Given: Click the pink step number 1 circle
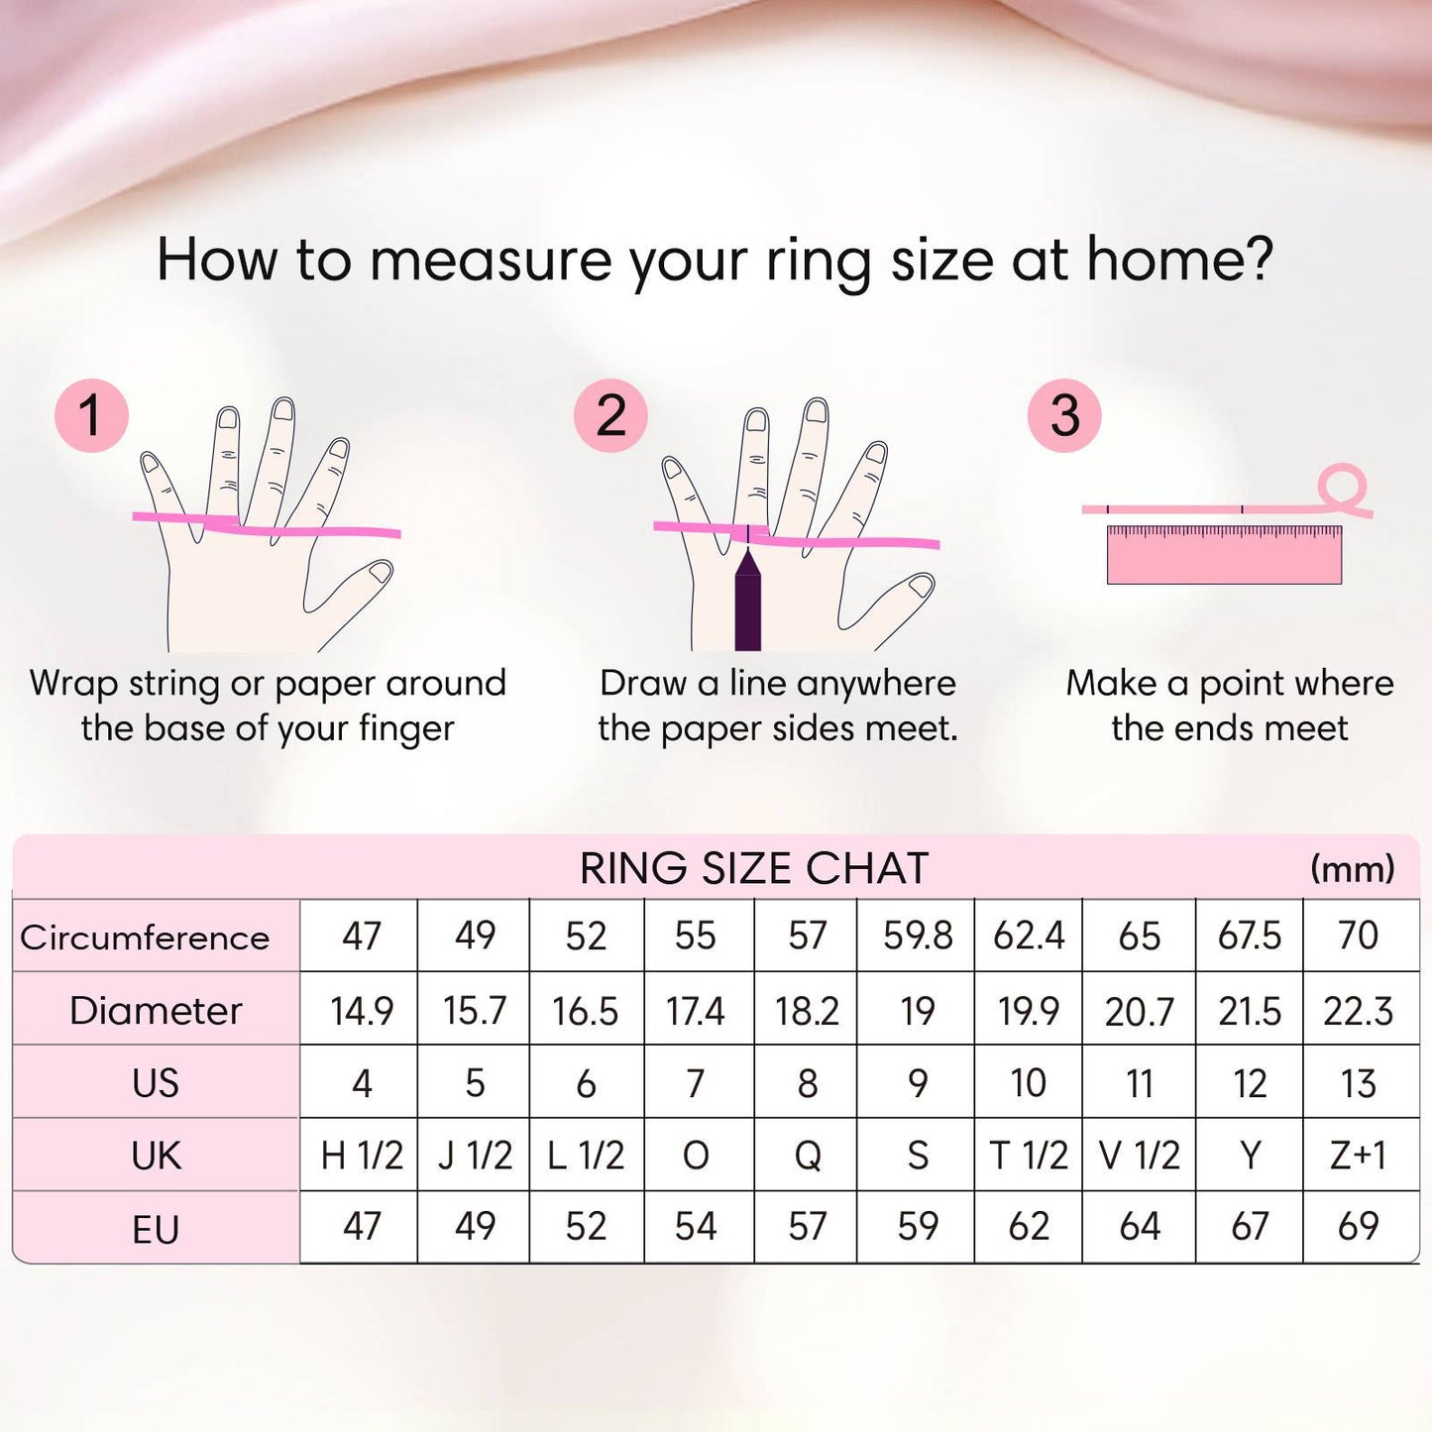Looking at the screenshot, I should pyautogui.click(x=91, y=415).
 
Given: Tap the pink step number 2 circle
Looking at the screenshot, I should pyautogui.click(x=610, y=415).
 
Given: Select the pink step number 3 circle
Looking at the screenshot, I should pyautogui.click(x=1063, y=415).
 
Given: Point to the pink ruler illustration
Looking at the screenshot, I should pyautogui.click(x=1224, y=555).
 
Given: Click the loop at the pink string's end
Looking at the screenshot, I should pyautogui.click(x=1342, y=487).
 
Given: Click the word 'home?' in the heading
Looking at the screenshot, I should pyautogui.click(x=1179, y=260).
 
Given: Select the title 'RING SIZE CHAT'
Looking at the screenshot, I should pyautogui.click(x=753, y=869).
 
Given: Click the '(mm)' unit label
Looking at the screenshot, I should pyautogui.click(x=1352, y=869).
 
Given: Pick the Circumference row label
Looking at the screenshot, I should pyautogui.click(x=145, y=937).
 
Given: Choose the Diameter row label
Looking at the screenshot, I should pyautogui.click(x=156, y=1011).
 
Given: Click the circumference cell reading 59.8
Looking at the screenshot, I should pyautogui.click(x=918, y=936).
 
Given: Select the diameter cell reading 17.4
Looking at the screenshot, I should pyautogui.click(x=696, y=1011).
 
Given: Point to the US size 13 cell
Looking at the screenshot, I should pyautogui.click(x=1358, y=1083).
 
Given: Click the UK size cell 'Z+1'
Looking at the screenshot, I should pyautogui.click(x=1358, y=1156).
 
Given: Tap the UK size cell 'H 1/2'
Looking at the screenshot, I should pyautogui.click(x=362, y=1156).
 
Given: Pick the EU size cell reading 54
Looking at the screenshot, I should pyautogui.click(x=696, y=1227).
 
